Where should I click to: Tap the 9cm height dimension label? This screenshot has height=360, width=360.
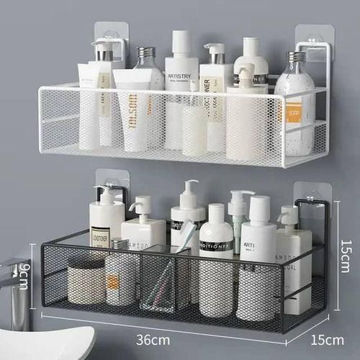point(24,274)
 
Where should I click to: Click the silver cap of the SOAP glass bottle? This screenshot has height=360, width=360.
point(296,56)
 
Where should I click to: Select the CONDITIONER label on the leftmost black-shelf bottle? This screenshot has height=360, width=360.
point(101,235)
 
